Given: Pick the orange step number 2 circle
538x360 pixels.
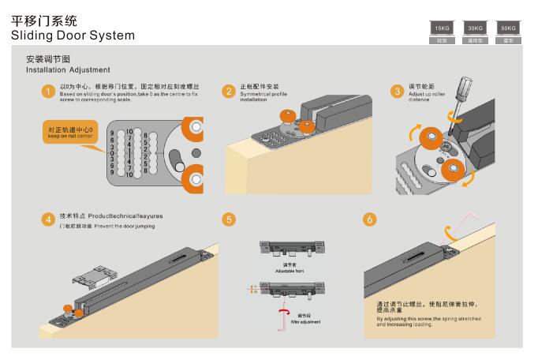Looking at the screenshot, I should click(x=229, y=92).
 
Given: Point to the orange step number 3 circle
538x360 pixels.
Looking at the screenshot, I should click(x=397, y=92).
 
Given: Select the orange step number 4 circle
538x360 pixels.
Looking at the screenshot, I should click(x=48, y=219).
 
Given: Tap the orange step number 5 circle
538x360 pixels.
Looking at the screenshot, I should click(x=229, y=219).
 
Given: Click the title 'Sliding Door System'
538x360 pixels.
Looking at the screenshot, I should click(x=73, y=36).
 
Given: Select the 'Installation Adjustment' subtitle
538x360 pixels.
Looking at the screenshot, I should click(x=68, y=70).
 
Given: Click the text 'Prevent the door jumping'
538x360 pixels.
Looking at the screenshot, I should click(x=122, y=226).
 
